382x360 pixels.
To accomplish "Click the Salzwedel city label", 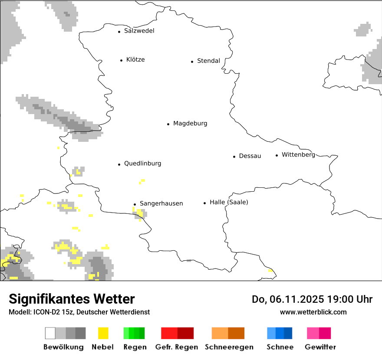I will click(x=139, y=31).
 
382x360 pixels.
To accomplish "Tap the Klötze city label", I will click(x=135, y=60).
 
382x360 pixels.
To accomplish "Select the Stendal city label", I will click(x=208, y=61).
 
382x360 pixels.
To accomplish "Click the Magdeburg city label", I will click(x=190, y=124).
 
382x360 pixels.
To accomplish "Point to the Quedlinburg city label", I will click(x=142, y=164).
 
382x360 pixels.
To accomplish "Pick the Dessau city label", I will click(x=250, y=156).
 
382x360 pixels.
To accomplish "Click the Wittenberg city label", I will click(x=298, y=155).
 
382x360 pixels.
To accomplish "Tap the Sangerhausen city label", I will click(x=161, y=203).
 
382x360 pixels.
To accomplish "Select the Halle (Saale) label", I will click(x=229, y=202).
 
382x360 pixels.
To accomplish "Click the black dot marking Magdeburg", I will click(x=168, y=124).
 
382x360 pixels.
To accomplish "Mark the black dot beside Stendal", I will click(x=192, y=62).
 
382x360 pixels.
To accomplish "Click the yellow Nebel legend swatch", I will click(x=103, y=333).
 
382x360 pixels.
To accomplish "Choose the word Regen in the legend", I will click(x=134, y=347).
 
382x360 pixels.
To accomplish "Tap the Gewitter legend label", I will click(x=320, y=347).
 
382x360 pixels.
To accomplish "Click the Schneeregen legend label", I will click(x=228, y=347).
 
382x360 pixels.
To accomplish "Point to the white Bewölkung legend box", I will click(x=50, y=333).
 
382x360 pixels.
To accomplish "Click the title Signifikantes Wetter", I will click(x=72, y=299).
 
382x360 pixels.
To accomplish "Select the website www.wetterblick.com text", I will click(x=313, y=312).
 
